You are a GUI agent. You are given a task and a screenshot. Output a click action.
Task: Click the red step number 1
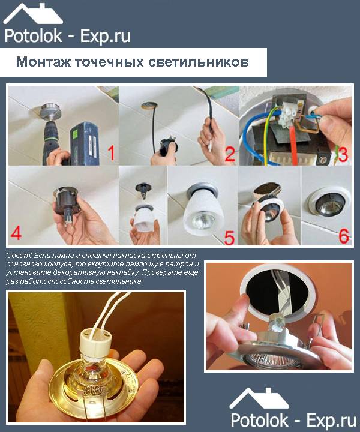(109, 154)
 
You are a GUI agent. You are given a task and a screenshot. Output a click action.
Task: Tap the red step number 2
(229, 154)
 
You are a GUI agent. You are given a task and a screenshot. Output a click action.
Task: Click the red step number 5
(229, 235)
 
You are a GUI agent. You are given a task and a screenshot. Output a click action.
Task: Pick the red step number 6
(343, 235)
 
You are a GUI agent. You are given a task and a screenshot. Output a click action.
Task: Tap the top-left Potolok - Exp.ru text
(66, 35)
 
